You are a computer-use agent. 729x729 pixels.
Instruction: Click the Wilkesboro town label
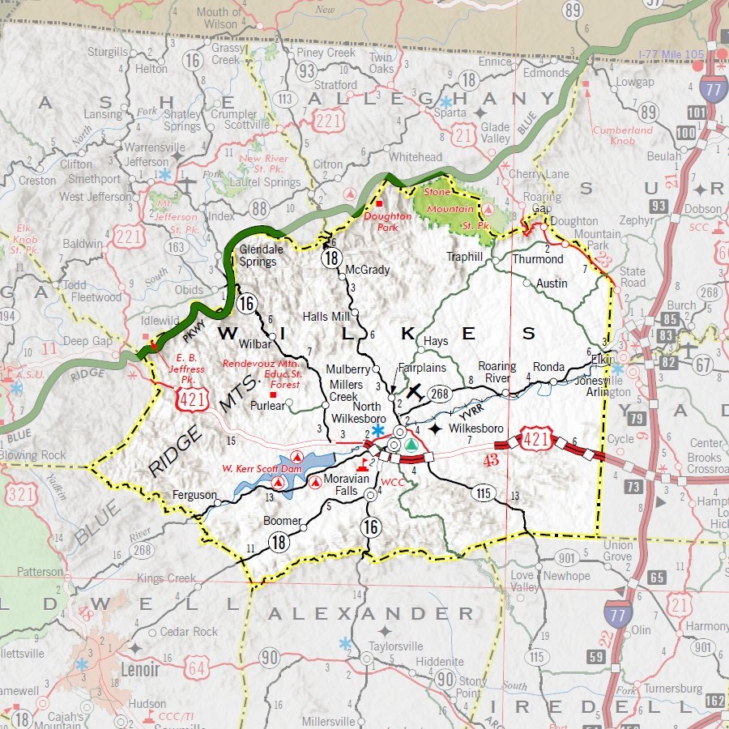pyautogui.click(x=476, y=428)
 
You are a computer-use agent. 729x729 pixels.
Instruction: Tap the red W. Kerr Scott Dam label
pyautogui.click(x=262, y=469)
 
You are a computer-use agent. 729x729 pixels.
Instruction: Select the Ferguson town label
pyautogui.click(x=194, y=495)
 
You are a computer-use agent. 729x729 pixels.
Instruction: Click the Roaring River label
pyautogui.click(x=497, y=372)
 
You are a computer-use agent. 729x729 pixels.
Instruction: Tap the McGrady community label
pyautogui.click(x=368, y=270)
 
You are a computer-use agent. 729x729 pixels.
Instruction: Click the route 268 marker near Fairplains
pyautogui.click(x=439, y=393)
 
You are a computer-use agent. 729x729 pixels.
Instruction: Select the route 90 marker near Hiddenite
pyautogui.click(x=446, y=679)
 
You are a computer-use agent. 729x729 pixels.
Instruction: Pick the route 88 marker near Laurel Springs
pyautogui.click(x=260, y=208)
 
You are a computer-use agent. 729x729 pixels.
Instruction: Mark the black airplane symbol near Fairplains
pyautogui.click(x=416, y=391)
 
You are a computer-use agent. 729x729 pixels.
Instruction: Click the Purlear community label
pyautogui.click(x=268, y=405)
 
